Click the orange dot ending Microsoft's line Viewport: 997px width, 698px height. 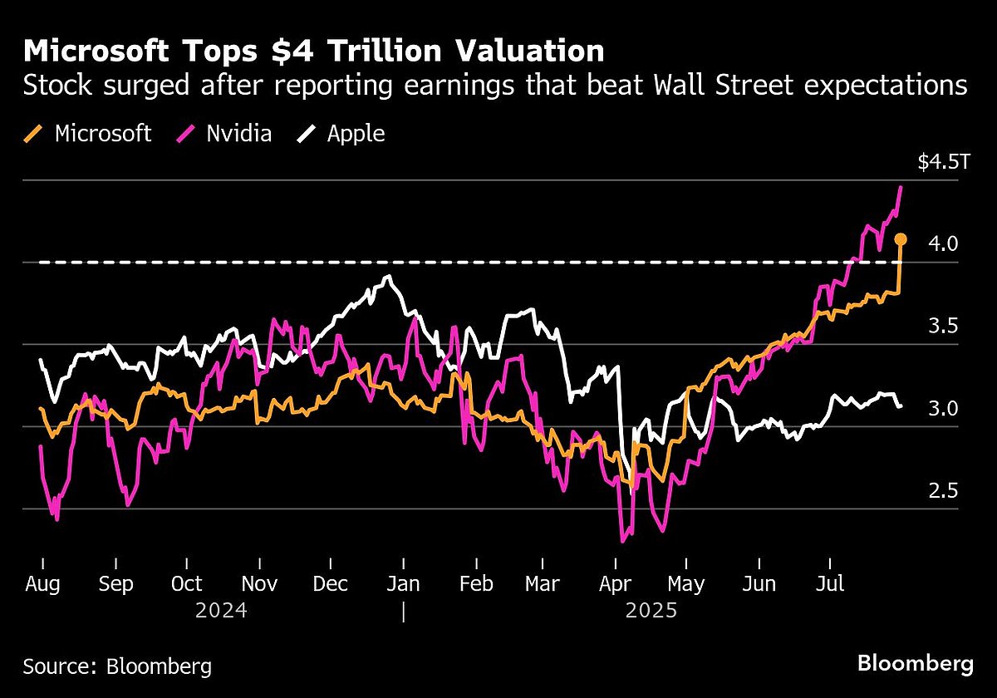(901, 240)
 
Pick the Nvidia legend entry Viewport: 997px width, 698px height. (225, 133)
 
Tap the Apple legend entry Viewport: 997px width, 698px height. (341, 133)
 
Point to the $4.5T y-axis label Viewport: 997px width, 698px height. (943, 162)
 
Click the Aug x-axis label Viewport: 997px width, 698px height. (42, 584)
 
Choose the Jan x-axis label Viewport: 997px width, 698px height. (403, 584)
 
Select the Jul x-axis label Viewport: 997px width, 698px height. (829, 584)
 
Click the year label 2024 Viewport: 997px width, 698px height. (221, 611)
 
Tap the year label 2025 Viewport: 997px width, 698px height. (651, 611)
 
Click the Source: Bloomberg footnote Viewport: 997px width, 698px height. (117, 666)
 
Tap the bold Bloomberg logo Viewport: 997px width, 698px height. (915, 664)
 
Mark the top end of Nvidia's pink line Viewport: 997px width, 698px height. (902, 188)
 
